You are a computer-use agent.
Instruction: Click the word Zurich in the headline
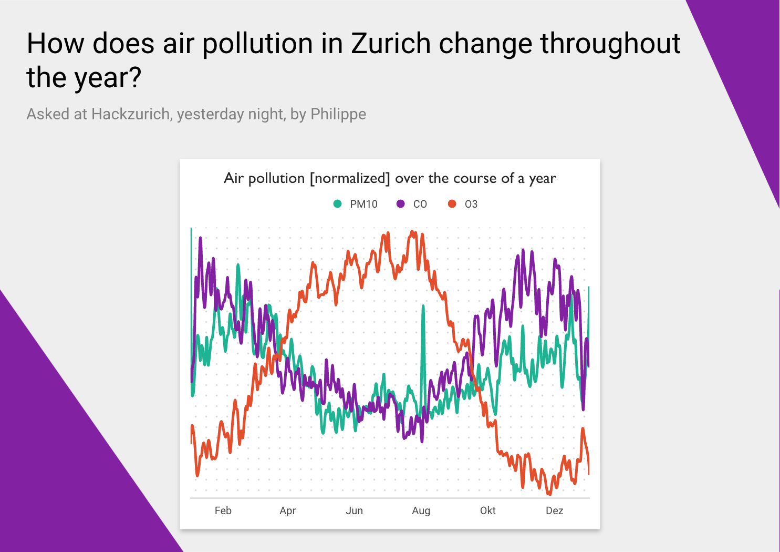(391, 44)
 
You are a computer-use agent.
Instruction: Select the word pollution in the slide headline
(257, 44)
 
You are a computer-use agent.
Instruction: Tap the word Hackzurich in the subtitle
(131, 114)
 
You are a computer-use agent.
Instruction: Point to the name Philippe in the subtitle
(338, 114)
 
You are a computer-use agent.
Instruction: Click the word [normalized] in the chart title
(350, 178)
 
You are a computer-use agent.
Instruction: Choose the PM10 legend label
(363, 204)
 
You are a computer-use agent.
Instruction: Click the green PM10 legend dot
(338, 204)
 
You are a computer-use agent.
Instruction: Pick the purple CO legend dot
(401, 204)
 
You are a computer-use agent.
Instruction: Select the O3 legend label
(471, 204)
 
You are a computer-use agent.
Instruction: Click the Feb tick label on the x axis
(223, 510)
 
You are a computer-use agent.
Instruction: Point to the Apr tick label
(288, 510)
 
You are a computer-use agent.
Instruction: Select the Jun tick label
(355, 510)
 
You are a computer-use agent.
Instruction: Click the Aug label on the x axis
(421, 510)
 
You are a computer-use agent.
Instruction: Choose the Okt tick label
(488, 510)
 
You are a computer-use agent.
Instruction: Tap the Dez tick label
(555, 510)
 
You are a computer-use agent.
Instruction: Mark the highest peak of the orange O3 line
(413, 232)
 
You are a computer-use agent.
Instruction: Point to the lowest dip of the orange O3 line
(549, 494)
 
